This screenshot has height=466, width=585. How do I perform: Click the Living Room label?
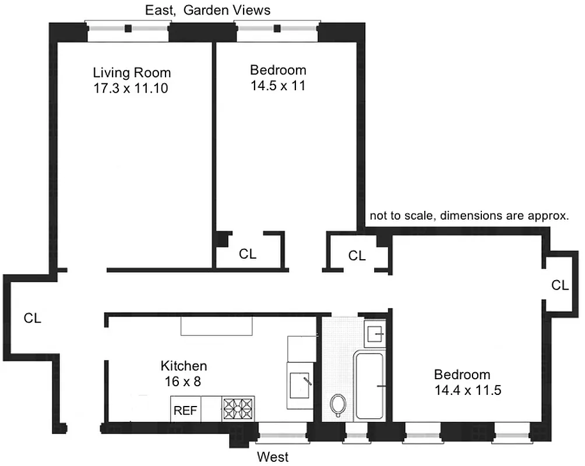click(x=132, y=73)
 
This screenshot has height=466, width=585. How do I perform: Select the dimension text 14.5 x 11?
click(x=278, y=86)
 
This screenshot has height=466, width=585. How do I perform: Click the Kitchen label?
click(x=184, y=366)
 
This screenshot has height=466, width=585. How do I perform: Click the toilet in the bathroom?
click(x=338, y=404)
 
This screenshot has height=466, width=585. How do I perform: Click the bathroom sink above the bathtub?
click(x=374, y=334)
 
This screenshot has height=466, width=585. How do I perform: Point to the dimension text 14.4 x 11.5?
click(x=467, y=390)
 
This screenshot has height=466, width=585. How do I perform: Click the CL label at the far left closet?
click(x=33, y=318)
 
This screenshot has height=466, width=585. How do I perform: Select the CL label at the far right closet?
click(x=560, y=285)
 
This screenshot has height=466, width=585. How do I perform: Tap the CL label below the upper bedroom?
click(x=248, y=254)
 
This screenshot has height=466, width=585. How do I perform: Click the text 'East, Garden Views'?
click(x=207, y=10)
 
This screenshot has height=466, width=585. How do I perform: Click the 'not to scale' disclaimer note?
click(x=469, y=216)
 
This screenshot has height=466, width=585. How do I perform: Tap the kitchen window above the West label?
click(x=282, y=432)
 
